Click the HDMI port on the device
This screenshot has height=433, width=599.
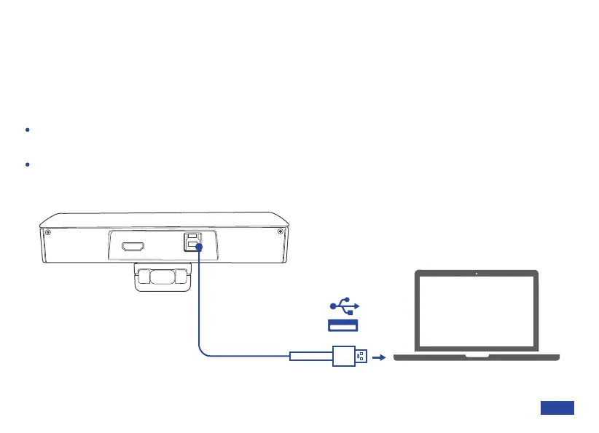(x=132, y=247)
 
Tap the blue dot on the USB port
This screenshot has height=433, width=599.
(x=199, y=248)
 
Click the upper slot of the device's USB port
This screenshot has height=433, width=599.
(x=192, y=237)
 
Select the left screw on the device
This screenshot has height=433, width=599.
(x=47, y=232)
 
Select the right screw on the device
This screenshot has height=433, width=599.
(x=280, y=232)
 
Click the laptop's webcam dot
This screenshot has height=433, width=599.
(x=476, y=274)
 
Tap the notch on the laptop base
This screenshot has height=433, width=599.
(x=477, y=356)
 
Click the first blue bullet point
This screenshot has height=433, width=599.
(x=27, y=130)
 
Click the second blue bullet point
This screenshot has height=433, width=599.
(x=27, y=165)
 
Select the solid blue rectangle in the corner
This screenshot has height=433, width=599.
(x=557, y=408)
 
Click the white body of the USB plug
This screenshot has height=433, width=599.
(x=343, y=357)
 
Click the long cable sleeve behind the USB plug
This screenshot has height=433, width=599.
(x=311, y=357)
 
